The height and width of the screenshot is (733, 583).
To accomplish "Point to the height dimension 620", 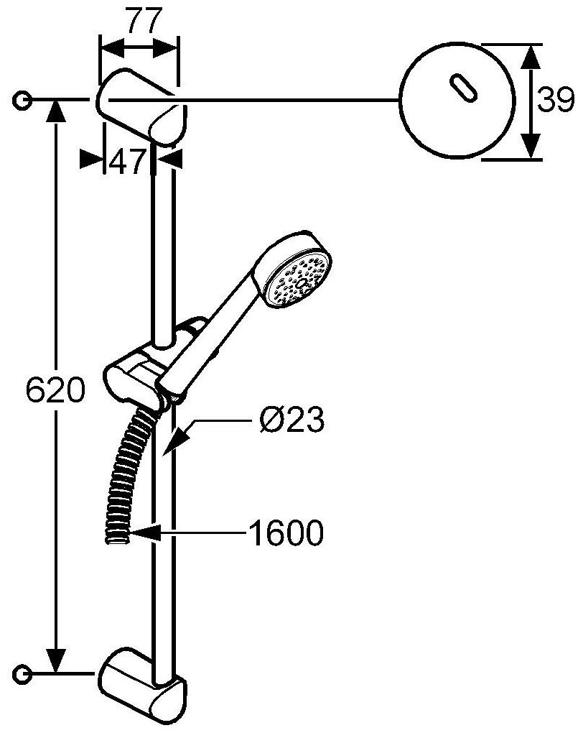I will coord(55,392).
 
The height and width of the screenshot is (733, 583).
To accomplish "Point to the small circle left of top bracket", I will coord(24,100).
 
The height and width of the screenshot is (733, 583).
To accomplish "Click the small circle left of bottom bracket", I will coord(24,673).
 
